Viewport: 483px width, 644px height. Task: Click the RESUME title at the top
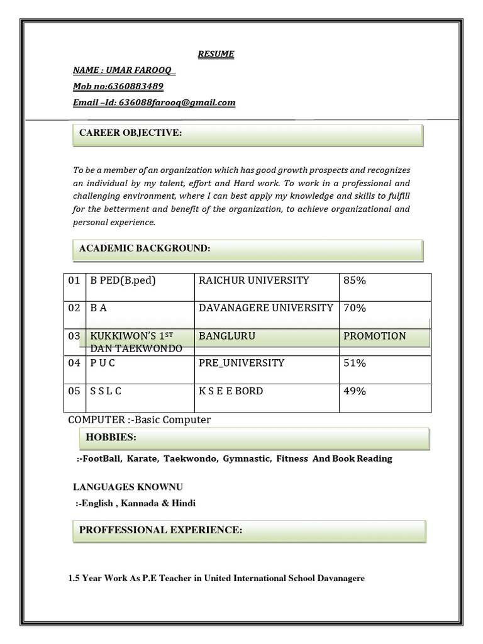(216, 54)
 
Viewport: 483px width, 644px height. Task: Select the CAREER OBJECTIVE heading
(131, 134)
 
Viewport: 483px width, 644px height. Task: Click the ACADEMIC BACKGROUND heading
(145, 249)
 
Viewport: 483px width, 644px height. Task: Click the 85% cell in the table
(355, 280)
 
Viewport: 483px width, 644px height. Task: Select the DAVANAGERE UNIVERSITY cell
(266, 308)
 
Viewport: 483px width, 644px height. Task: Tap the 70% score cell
(355, 308)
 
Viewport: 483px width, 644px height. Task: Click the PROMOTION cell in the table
(375, 336)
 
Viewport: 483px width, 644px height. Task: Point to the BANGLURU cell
(227, 336)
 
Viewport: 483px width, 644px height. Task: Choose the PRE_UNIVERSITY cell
(241, 363)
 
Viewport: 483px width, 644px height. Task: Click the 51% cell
(355, 363)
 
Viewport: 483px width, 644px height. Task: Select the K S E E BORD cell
(231, 391)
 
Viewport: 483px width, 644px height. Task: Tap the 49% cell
(355, 391)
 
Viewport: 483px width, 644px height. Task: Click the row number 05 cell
(74, 391)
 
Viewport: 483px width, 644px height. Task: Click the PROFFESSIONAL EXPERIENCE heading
(160, 530)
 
